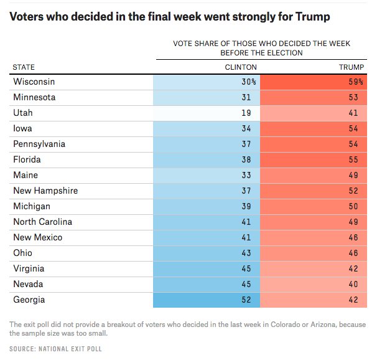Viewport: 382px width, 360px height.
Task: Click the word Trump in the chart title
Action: coord(313,17)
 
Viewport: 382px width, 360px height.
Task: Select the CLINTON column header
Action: coord(241,67)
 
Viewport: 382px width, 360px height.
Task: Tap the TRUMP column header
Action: coord(355,67)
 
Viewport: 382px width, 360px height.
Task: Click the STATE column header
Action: coord(24,67)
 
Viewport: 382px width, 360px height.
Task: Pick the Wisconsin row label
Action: coord(34,82)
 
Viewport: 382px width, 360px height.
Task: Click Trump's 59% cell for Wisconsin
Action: coord(355,82)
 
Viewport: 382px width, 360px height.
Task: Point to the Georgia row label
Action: coord(30,300)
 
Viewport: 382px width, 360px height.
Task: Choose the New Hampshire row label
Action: coord(45,191)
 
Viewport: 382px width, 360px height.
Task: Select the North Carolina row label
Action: coord(42,222)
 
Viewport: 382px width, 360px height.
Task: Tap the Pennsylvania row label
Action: coord(39,144)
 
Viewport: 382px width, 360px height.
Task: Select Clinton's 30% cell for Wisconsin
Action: coord(248,82)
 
